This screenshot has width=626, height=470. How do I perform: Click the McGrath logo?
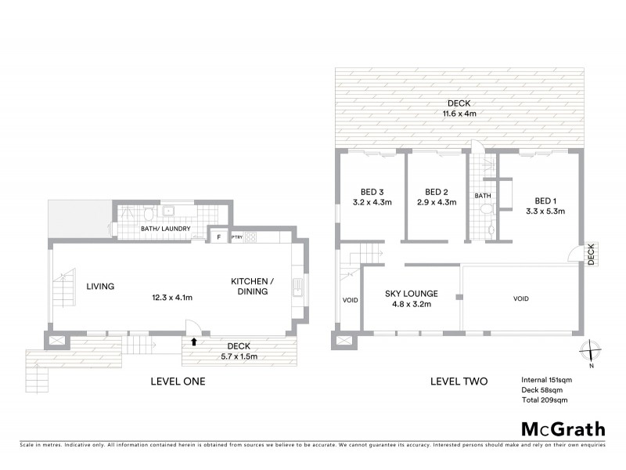tap(564, 428)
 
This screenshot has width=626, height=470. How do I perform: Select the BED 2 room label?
tap(435, 192)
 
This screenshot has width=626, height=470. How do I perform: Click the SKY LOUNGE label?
tap(411, 294)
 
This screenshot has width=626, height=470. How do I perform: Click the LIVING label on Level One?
tap(101, 287)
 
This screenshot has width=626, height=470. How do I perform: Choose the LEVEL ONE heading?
tap(178, 381)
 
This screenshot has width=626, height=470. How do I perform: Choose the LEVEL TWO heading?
tap(459, 381)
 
